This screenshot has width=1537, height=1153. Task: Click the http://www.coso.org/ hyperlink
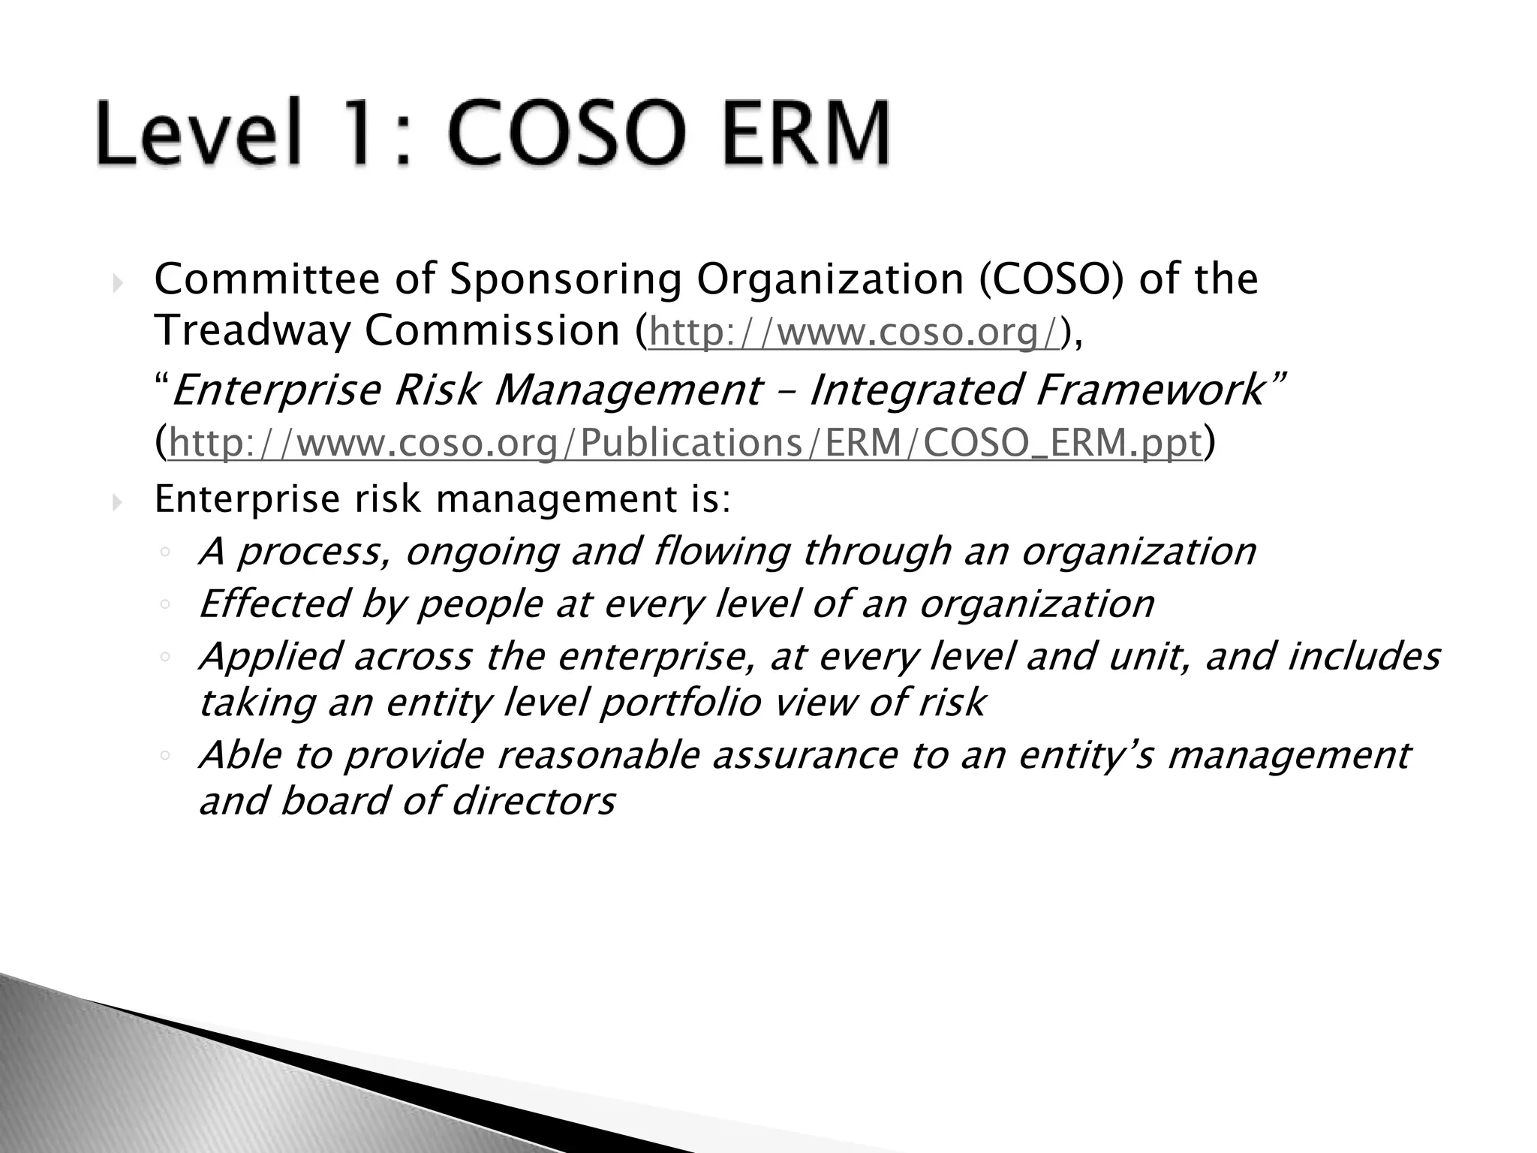tap(855, 332)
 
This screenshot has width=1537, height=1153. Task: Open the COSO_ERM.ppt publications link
tap(685, 442)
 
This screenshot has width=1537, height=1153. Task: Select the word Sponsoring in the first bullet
tap(565, 279)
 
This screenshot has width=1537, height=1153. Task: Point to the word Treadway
tap(251, 332)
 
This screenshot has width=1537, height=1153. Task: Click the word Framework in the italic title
tap(1149, 390)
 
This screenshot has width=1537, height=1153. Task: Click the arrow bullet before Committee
tap(117, 283)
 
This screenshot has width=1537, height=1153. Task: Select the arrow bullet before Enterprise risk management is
tap(117, 501)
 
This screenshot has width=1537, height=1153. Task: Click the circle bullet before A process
tap(165, 553)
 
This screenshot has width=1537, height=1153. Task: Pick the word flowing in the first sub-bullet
tap(721, 552)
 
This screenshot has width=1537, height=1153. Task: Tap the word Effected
tap(274, 604)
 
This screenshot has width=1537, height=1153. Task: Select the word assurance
tap(804, 755)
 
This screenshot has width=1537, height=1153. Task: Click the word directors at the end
tap(534, 801)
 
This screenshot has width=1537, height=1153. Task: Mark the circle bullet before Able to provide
tap(165, 757)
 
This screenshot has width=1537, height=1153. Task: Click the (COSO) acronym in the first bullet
tap(1052, 279)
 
